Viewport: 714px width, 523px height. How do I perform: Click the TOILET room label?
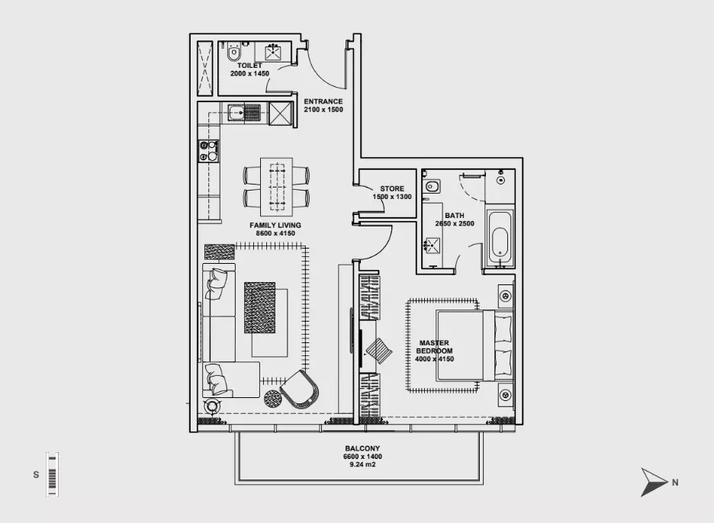coord(249,66)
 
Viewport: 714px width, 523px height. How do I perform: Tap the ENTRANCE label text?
coord(323,101)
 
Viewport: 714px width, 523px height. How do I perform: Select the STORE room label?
coord(392,188)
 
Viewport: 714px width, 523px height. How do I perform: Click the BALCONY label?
coord(362,448)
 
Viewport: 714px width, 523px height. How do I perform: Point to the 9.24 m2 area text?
coord(362,465)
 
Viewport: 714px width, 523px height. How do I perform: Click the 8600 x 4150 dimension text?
coord(275,233)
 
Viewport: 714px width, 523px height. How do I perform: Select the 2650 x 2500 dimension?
coord(455,223)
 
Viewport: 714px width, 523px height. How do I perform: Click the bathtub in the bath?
coord(500,238)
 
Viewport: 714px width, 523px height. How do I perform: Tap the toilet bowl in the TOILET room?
coord(234,52)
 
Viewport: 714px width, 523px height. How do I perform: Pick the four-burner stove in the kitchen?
coord(208,151)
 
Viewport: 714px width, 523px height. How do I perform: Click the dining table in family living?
coord(276,187)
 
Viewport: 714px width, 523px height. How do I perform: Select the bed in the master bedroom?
coord(474,345)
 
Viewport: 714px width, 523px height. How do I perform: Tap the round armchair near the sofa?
coord(300,390)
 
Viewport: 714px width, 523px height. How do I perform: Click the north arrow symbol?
coord(654,482)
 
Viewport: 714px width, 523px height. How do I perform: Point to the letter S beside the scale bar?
coord(36,475)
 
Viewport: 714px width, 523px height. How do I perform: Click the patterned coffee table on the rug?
coord(259,308)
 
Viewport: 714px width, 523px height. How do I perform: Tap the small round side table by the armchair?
coord(272,399)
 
